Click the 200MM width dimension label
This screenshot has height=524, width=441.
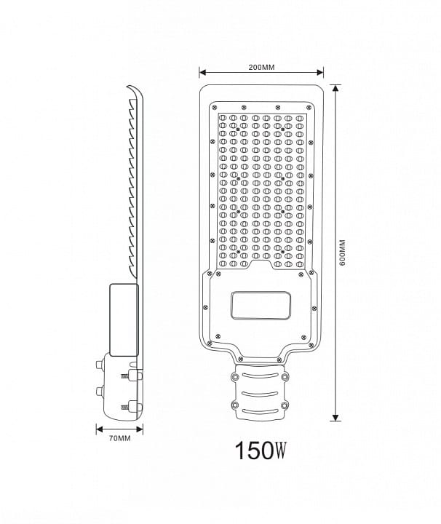[x=261, y=67]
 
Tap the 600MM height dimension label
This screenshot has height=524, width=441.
[x=342, y=253]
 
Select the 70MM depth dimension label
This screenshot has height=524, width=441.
[x=119, y=438]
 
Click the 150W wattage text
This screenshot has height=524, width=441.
[x=261, y=450]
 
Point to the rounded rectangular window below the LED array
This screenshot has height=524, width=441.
[x=261, y=305]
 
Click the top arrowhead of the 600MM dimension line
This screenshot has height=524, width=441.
[x=335, y=88]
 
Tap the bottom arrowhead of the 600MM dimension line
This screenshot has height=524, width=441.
[x=335, y=418]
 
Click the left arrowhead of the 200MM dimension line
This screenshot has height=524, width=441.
[x=202, y=72]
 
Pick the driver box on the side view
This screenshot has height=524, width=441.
[x=124, y=319]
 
